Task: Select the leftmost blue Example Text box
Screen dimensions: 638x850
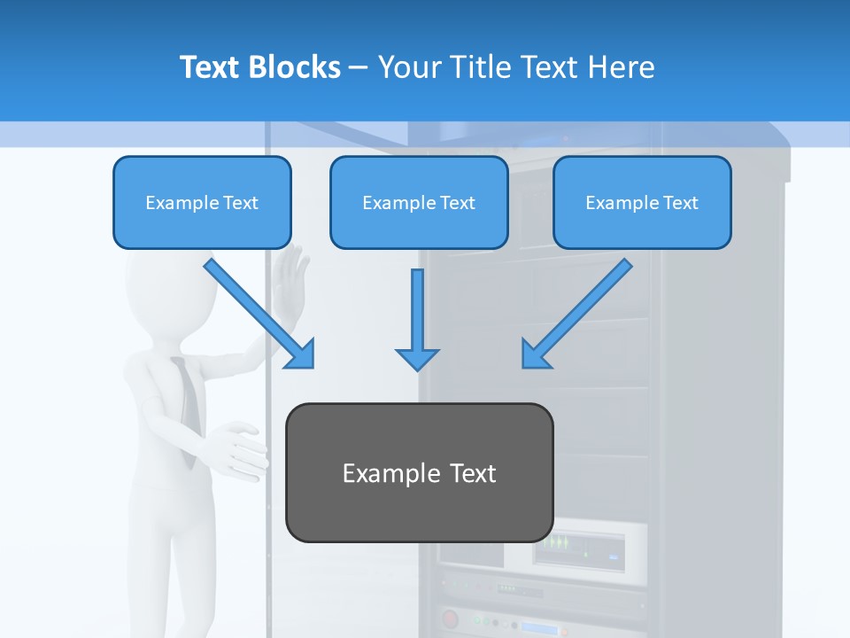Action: click(202, 202)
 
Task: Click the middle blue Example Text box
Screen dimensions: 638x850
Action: click(419, 202)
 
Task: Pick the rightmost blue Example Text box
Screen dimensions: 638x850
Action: click(642, 202)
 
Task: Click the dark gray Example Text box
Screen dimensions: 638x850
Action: click(419, 472)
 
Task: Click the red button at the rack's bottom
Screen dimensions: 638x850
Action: click(450, 619)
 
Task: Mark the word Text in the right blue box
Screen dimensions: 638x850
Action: click(680, 203)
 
